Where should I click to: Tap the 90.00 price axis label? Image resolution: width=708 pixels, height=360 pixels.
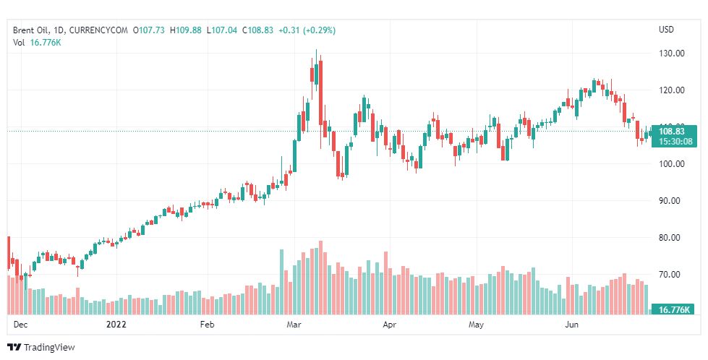point(672,201)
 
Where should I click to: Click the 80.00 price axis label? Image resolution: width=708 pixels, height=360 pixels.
point(672,238)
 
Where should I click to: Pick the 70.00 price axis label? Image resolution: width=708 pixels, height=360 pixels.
point(672,275)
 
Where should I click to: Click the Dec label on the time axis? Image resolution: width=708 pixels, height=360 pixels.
point(20,325)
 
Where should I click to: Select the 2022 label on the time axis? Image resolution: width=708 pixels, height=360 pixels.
point(116,325)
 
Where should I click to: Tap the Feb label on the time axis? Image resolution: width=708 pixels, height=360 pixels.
point(208,325)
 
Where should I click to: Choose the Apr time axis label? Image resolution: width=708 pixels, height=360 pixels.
point(390,325)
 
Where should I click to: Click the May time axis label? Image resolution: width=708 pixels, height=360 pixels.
point(475,325)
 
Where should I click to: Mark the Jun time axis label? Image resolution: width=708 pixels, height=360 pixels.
point(571,325)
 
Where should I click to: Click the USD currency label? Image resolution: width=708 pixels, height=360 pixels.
point(666,30)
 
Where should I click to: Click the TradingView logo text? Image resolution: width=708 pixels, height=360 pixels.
point(49,348)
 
